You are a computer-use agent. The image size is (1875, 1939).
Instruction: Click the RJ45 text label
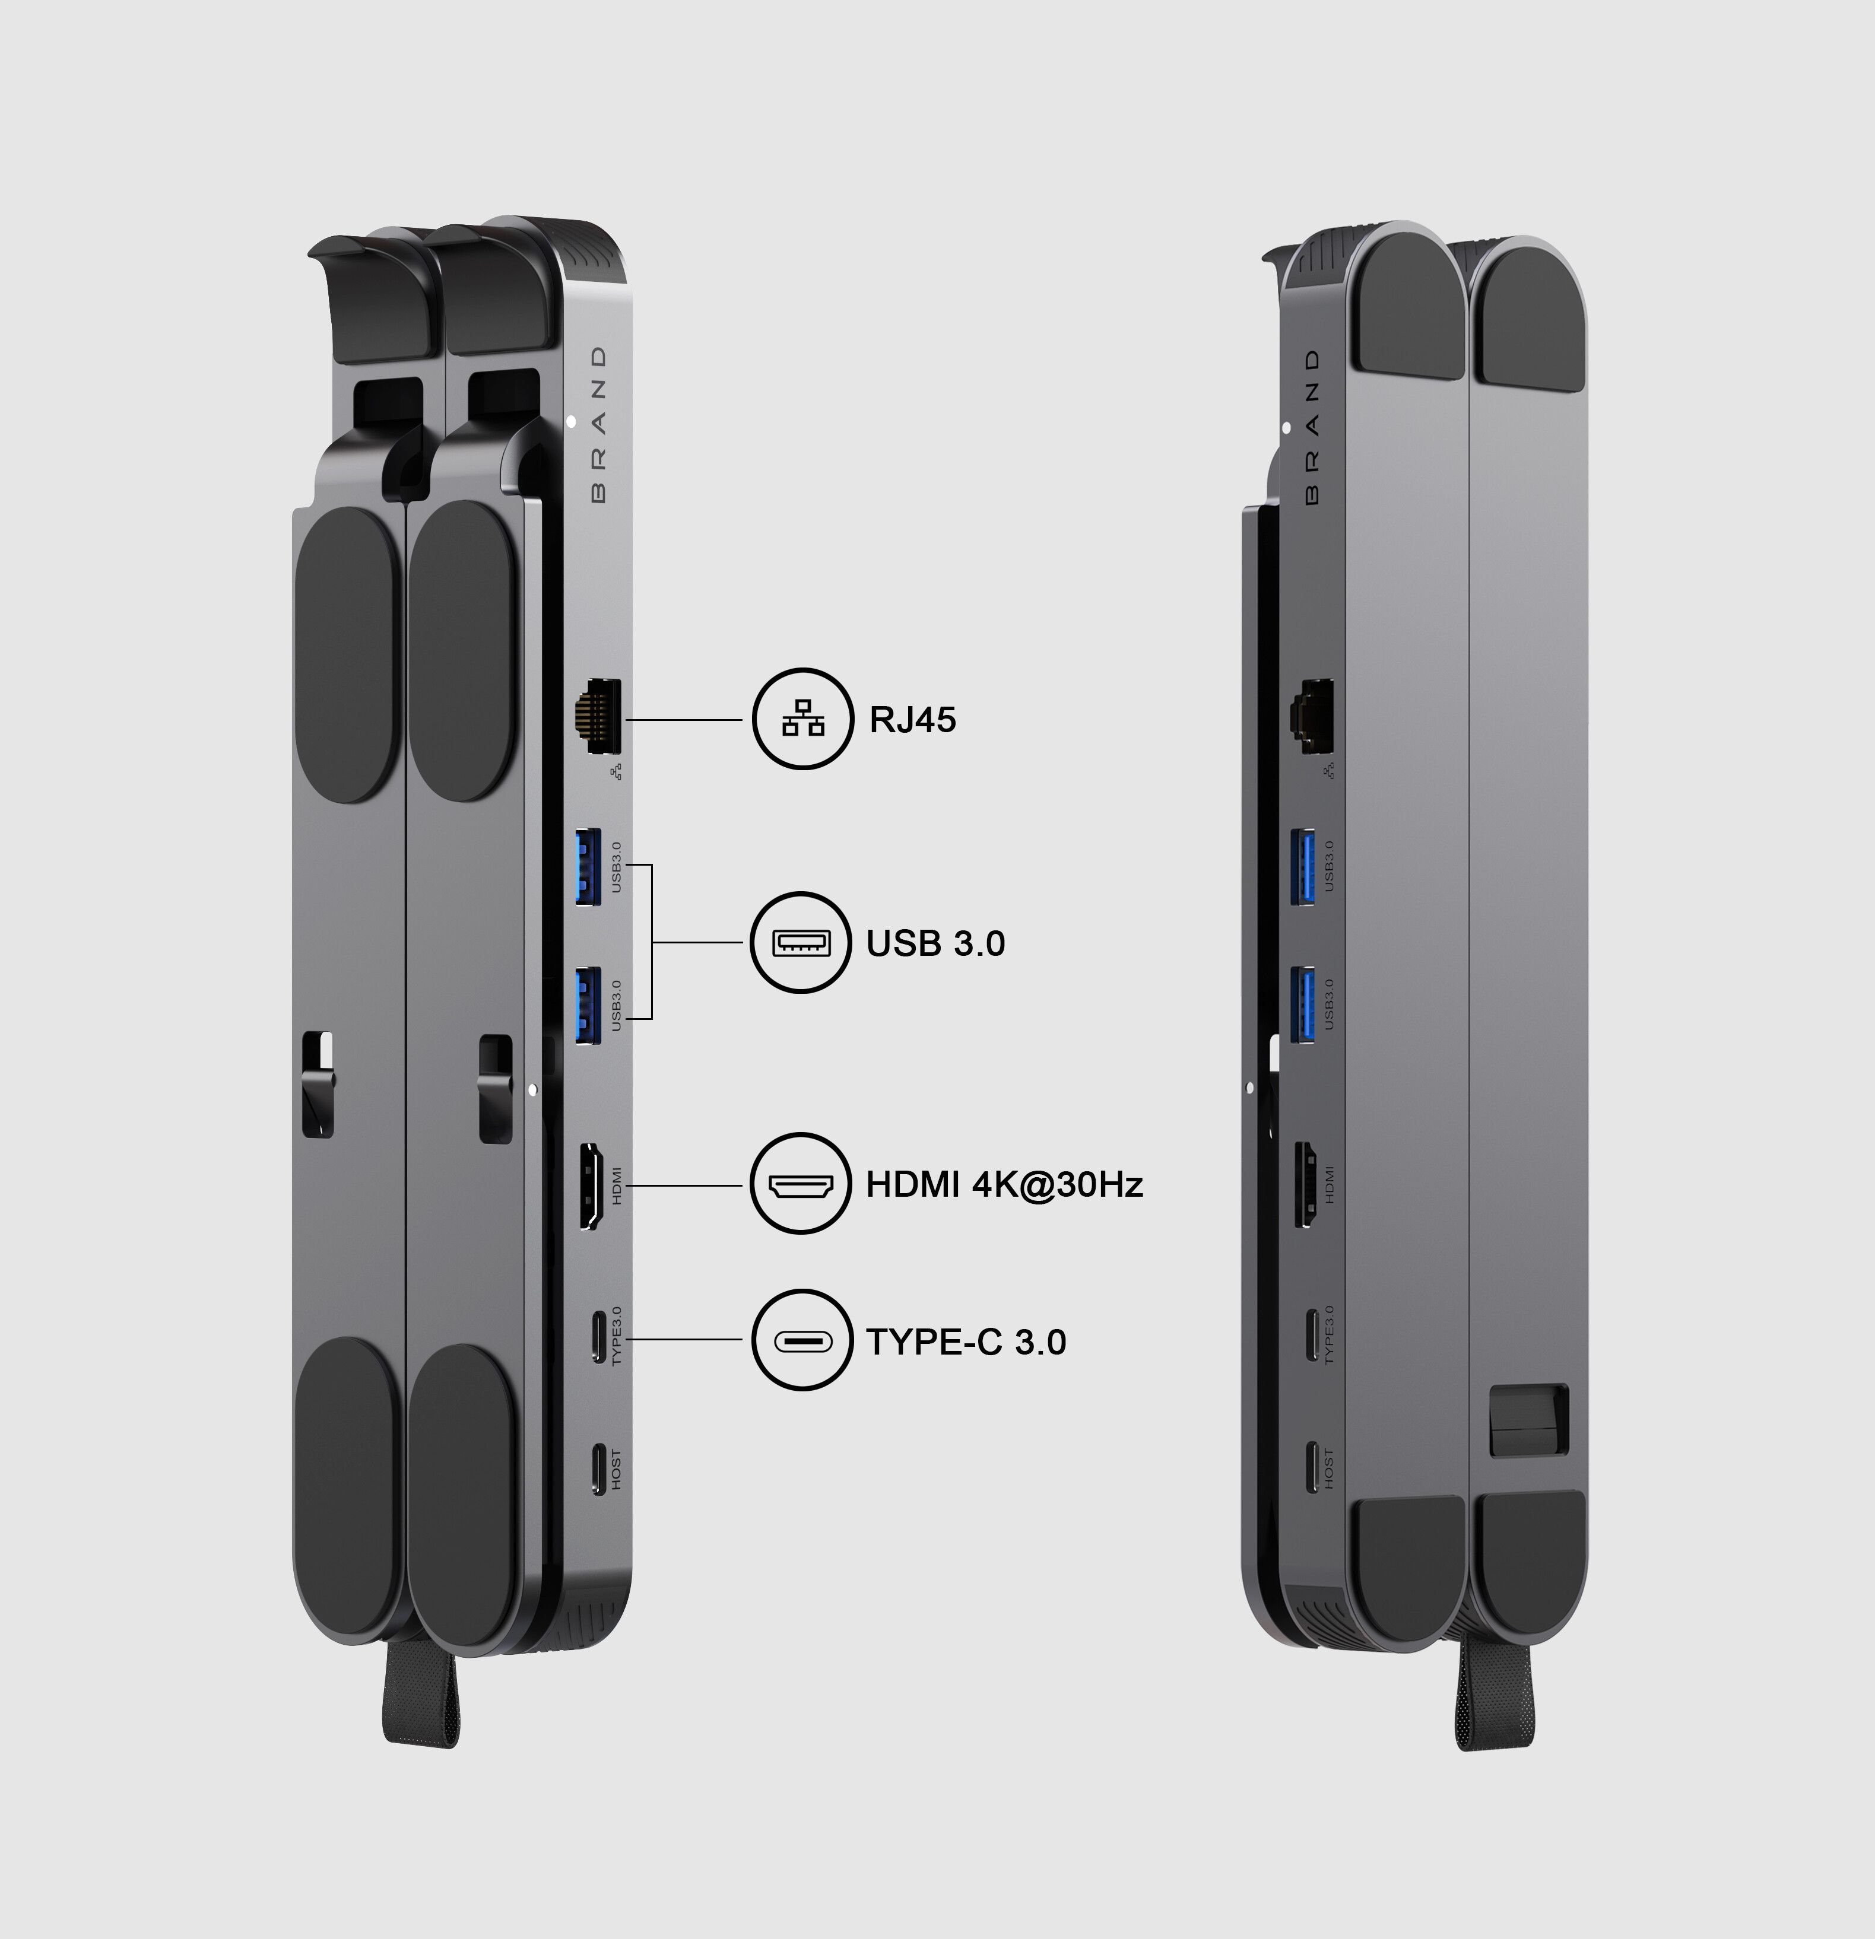(912, 719)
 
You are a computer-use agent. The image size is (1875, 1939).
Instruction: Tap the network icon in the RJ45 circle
(802, 718)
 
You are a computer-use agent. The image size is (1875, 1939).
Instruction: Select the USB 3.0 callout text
(935, 943)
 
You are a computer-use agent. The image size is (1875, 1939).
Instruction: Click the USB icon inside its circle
(801, 943)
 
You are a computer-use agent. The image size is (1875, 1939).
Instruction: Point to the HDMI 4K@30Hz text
(1004, 1184)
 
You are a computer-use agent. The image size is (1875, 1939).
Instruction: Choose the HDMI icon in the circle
(801, 1184)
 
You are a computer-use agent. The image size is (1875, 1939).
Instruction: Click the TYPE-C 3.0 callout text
(966, 1342)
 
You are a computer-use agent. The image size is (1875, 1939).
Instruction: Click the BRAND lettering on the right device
(1312, 427)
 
